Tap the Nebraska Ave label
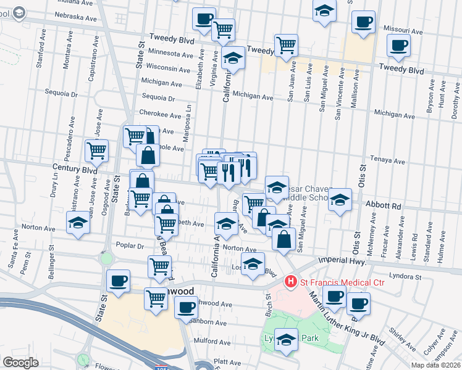[76, 18]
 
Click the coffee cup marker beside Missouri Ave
[363, 22]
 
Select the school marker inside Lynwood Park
[286, 340]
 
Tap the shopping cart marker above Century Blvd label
[96, 150]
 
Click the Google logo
[20, 363]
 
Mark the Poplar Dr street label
[129, 245]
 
